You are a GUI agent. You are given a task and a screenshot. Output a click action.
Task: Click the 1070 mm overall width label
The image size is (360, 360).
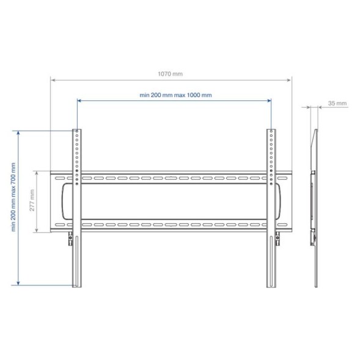(x=170, y=74)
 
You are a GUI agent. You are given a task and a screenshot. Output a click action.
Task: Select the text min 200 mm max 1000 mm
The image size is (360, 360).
(x=175, y=95)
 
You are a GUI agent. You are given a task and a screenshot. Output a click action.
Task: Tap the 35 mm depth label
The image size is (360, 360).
(x=337, y=103)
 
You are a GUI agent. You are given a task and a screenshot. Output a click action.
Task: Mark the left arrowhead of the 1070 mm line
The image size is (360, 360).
(x=53, y=79)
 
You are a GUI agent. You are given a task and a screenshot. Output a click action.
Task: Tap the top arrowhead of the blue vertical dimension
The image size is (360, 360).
(x=18, y=132)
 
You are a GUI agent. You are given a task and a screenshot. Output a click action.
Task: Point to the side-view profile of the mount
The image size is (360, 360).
(x=314, y=208)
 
